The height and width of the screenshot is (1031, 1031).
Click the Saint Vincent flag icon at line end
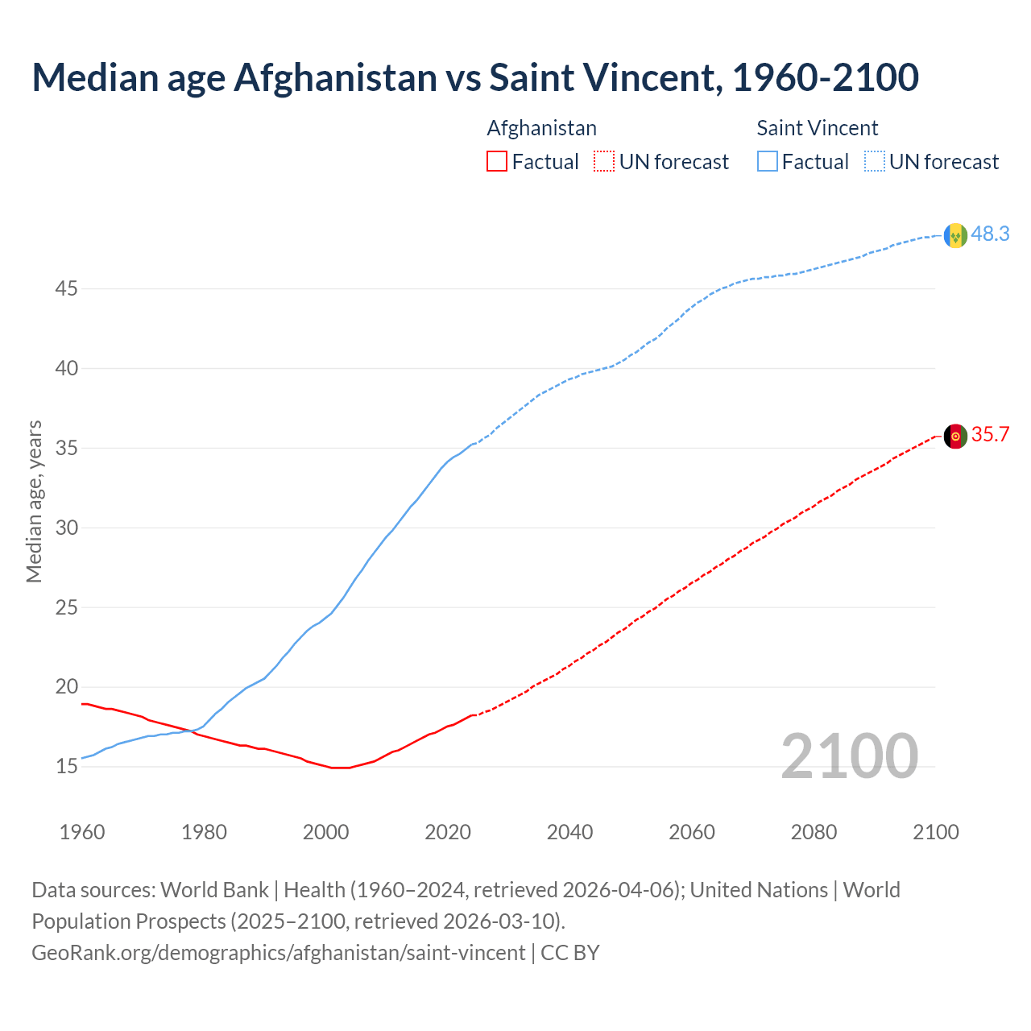955,235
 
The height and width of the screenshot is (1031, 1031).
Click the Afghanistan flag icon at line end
955,436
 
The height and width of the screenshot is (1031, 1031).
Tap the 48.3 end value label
990,234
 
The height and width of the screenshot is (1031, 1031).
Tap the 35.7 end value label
990,434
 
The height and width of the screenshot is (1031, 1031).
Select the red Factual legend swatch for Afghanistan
497,161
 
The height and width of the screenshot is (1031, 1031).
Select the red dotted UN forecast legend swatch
604,161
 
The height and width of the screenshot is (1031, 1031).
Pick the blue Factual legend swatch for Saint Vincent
767,161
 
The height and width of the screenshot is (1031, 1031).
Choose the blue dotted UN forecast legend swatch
874,161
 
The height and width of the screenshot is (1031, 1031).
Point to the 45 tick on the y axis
66,288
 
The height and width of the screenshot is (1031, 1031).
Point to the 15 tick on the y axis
66,766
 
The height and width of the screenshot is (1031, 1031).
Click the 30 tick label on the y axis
66,528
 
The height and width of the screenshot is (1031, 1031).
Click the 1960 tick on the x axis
82,832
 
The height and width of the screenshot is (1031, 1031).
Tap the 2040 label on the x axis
569,832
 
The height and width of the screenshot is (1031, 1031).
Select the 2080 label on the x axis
814,832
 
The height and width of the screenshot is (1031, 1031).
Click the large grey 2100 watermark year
849,756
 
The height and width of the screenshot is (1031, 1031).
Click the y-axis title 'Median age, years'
34,501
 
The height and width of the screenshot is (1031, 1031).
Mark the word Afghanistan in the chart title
335,77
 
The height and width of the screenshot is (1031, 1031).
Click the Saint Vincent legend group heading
817,128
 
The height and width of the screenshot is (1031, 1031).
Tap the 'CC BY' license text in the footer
570,952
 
